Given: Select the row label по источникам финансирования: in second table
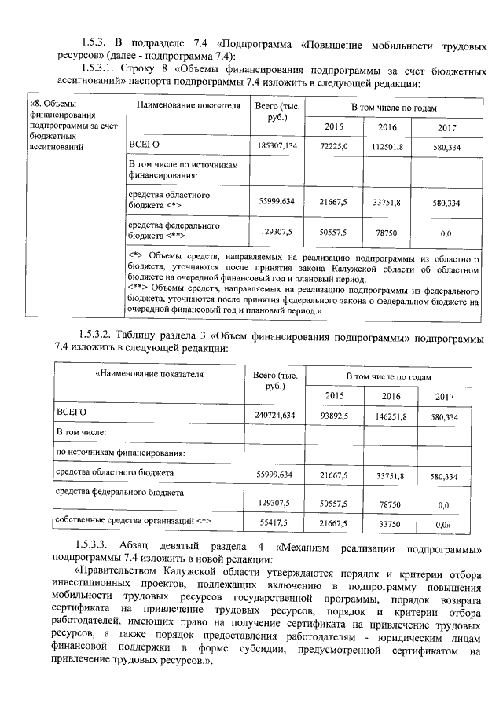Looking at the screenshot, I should pyautogui.click(x=120, y=453).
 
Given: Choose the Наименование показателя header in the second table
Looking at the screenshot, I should pyautogui.click(x=149, y=375).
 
